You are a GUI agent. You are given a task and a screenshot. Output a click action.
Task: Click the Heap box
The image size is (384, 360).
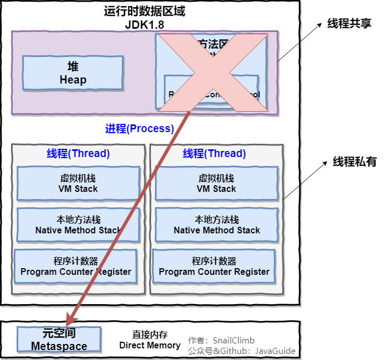73,73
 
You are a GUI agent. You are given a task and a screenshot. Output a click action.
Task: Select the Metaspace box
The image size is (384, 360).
59,340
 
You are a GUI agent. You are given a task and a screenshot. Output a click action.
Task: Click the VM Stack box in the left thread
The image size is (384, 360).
78,184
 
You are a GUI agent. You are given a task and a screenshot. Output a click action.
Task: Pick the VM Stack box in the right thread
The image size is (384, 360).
216,184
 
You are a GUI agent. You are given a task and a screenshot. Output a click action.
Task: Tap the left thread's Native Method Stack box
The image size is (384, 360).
78,225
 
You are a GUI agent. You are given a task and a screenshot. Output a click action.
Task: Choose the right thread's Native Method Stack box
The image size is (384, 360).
216,225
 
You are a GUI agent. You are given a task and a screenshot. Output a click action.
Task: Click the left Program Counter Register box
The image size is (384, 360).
76,267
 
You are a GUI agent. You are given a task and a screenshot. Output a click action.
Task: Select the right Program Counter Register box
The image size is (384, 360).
214,267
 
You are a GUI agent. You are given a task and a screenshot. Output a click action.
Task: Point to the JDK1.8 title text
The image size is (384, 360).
144,25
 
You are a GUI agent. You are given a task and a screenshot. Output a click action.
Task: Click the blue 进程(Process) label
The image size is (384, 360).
139,129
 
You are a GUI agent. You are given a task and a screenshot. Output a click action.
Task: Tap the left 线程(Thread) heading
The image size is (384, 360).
78,154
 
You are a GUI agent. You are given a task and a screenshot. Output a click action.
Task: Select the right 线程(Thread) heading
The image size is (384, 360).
214,154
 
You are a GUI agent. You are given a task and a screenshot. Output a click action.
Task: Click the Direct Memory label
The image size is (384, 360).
150,345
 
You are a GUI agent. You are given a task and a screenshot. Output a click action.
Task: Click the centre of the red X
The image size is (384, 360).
212,72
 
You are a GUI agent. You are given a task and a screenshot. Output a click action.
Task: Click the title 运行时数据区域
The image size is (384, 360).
144,11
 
